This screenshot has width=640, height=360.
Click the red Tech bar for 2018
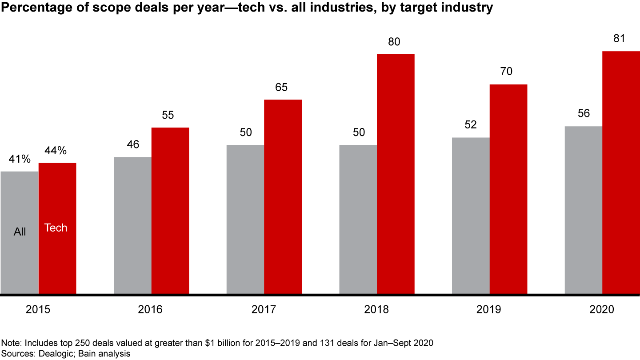coord(396,173)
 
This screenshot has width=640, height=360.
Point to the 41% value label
coord(19,159)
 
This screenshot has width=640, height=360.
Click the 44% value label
coord(56,151)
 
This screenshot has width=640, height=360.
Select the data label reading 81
coord(619,39)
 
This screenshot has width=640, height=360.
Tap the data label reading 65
coord(281,87)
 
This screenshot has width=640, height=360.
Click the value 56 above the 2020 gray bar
coord(584,114)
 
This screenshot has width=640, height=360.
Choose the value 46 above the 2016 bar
coord(133,144)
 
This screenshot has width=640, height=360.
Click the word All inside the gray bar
coord(20,232)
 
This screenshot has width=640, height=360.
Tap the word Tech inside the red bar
coord(56,228)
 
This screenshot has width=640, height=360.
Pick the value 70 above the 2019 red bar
coord(507,72)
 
